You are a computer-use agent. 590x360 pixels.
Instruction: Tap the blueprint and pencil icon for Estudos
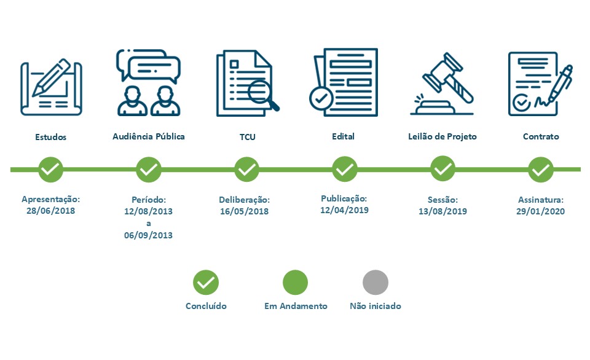pyautogui.click(x=51, y=87)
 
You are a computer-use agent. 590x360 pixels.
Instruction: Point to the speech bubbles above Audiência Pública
pyautogui.click(x=149, y=66)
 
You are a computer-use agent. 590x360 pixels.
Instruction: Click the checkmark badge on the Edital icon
pyautogui.click(x=321, y=98)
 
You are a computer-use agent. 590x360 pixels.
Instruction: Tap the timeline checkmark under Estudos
pyautogui.click(x=51, y=170)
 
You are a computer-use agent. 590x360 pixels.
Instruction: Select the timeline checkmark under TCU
pyautogui.click(x=247, y=170)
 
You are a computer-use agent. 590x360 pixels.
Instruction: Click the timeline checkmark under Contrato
pyautogui.click(x=541, y=170)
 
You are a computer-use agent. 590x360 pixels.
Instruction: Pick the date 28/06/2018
pyautogui.click(x=51, y=211)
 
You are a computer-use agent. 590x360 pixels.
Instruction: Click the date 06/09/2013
pyautogui.click(x=148, y=235)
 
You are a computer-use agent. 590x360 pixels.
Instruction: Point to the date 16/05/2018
pyautogui.click(x=244, y=211)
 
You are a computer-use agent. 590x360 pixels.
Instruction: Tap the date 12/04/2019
pyautogui.click(x=344, y=210)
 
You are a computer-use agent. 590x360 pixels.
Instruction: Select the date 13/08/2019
pyautogui.click(x=442, y=211)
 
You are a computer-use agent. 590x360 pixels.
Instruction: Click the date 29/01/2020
pyautogui.click(x=540, y=211)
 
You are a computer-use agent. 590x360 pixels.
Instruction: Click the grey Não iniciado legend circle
pyautogui.click(x=376, y=283)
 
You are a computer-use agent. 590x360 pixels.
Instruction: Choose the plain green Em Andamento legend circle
pyautogui.click(x=296, y=283)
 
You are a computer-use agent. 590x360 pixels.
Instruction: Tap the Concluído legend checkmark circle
pyautogui.click(x=206, y=283)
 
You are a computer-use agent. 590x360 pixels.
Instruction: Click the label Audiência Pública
pyautogui.click(x=149, y=136)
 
